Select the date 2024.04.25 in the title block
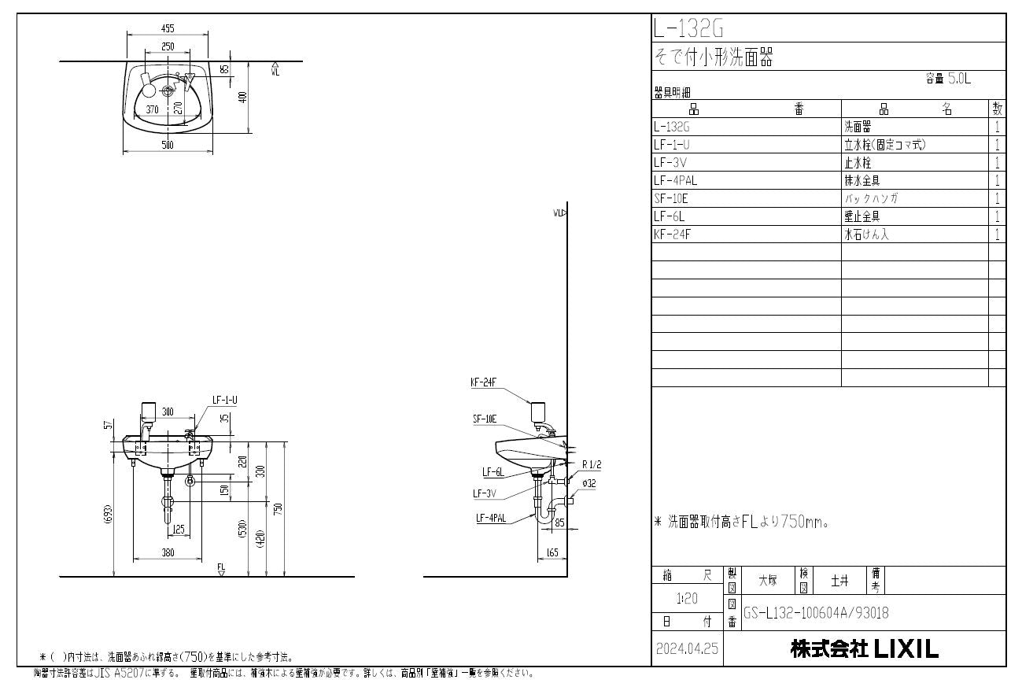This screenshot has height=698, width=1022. [687, 650]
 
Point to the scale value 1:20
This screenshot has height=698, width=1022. [685, 599]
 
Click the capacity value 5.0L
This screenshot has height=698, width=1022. [959, 79]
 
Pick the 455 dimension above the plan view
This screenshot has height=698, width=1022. [168, 28]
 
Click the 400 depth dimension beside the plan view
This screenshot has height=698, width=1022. [243, 97]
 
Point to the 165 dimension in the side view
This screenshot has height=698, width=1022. [552, 553]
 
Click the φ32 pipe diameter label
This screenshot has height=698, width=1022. [589, 484]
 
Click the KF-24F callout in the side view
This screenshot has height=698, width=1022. [482, 383]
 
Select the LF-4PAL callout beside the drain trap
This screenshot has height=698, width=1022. [490, 518]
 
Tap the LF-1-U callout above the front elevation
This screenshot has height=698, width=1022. [224, 401]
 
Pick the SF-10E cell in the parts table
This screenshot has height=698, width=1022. [670, 198]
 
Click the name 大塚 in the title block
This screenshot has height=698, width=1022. [767, 581]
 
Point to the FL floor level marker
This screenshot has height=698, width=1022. [222, 568]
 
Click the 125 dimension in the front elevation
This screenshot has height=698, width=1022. [179, 530]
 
